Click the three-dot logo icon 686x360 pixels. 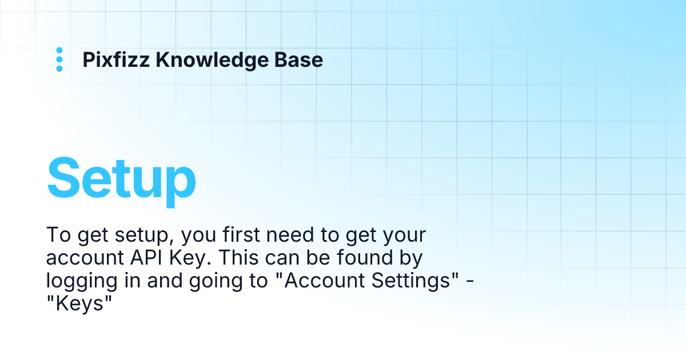(x=59, y=59)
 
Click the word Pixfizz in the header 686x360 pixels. (x=117, y=59)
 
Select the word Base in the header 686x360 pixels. (x=304, y=59)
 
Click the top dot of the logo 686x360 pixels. (x=59, y=50)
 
